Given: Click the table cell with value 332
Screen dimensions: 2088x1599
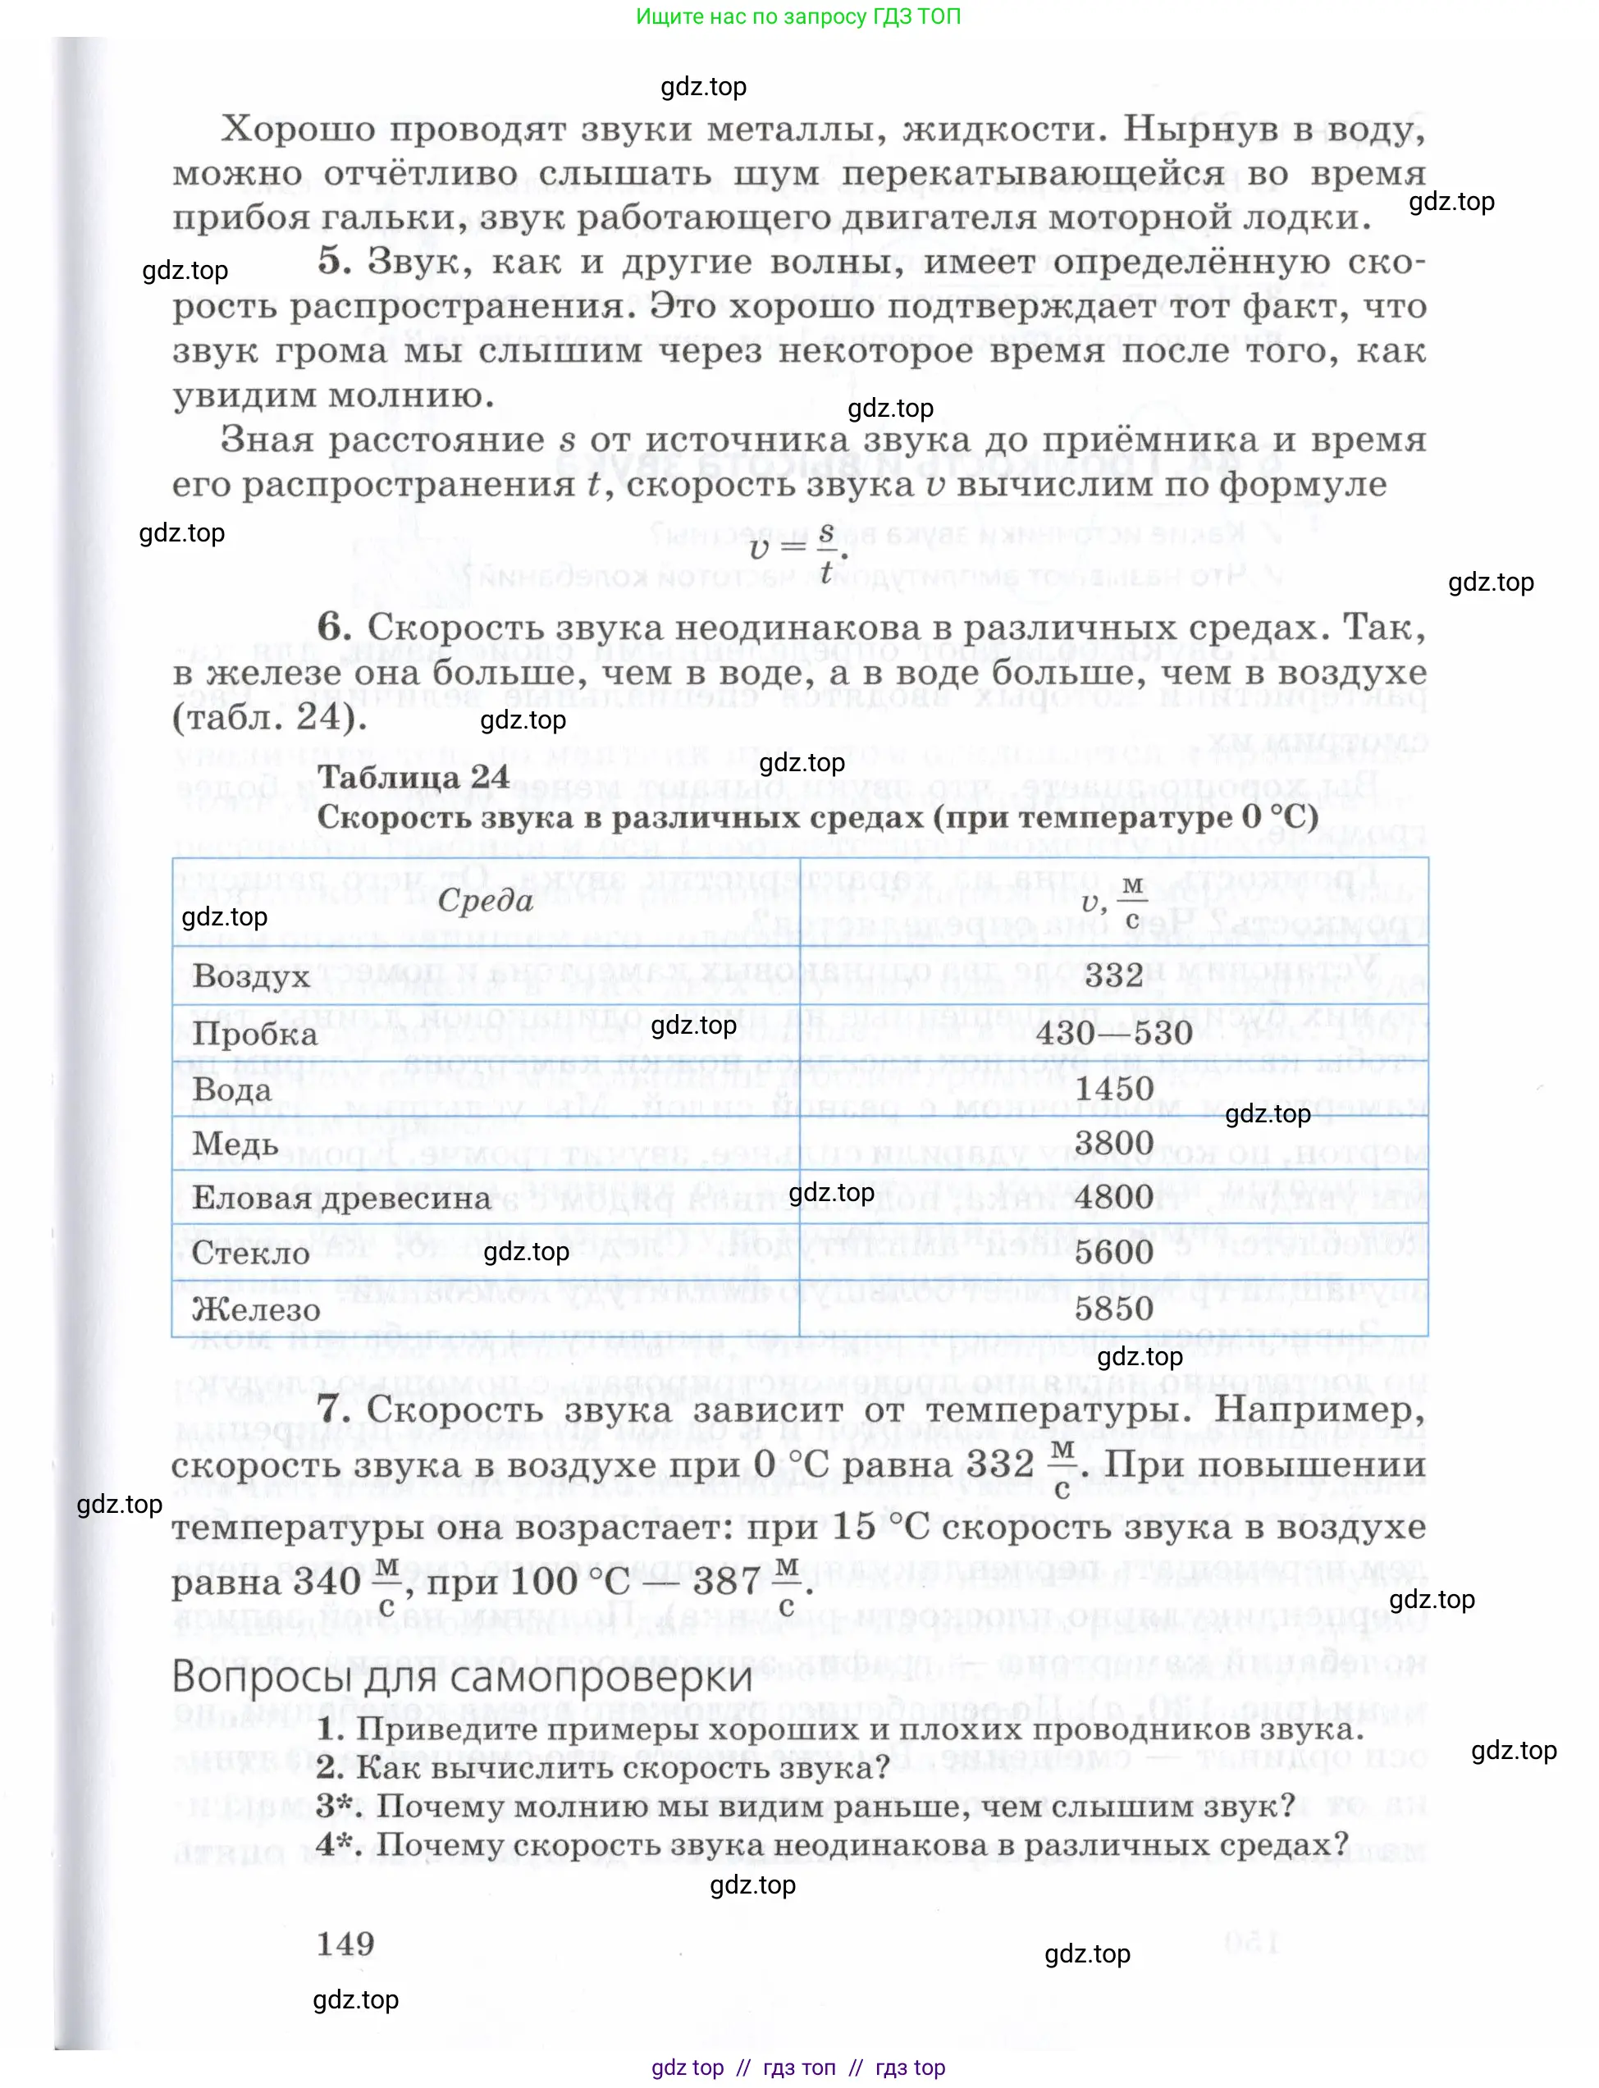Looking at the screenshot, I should (1113, 975).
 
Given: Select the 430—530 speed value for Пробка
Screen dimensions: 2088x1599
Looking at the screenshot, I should (1113, 1034).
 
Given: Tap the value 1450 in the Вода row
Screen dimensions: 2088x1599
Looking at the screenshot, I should (1113, 1089).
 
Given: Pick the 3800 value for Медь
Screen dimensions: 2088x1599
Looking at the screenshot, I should (1113, 1143).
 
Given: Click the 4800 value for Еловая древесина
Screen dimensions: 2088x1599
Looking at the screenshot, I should (1113, 1197).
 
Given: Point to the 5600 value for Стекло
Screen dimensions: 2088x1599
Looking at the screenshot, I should (1113, 1253).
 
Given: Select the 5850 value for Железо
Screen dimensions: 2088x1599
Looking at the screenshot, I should (1113, 1309).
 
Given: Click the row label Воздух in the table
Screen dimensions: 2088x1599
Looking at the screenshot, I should (252, 977).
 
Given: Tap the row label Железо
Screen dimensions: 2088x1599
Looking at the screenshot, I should (256, 1309).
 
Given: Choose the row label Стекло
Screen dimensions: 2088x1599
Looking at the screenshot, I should (251, 1254).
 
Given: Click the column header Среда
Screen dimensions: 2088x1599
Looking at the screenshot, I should (486, 900).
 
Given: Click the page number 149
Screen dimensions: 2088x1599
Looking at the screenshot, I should (345, 1944).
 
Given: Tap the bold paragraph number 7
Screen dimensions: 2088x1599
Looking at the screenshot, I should (332, 1409).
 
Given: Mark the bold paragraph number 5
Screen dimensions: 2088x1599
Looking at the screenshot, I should (333, 261).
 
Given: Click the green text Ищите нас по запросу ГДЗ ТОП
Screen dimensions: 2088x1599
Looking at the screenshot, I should (798, 16).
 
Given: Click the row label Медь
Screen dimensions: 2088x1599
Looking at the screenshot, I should (235, 1144).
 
